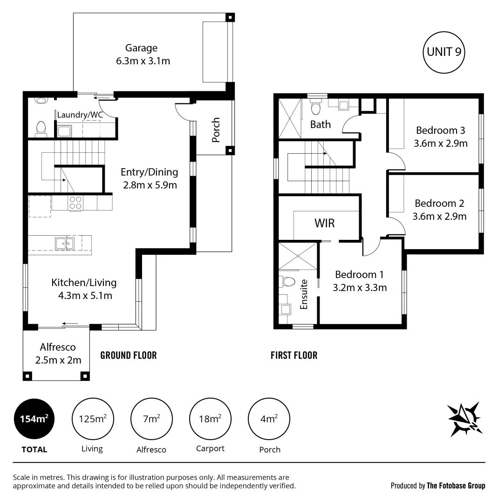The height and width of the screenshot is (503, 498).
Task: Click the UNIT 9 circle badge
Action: click(x=444, y=52)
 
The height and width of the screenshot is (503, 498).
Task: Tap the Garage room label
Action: click(x=141, y=48)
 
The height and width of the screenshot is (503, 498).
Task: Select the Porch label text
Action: click(x=216, y=129)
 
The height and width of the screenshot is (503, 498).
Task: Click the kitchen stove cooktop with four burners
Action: click(x=75, y=203)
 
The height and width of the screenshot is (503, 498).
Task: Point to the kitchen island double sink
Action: click(x=64, y=244)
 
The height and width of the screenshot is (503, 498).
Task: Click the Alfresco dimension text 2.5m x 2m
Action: click(x=58, y=360)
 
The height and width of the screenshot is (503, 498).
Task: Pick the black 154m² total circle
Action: click(x=34, y=419)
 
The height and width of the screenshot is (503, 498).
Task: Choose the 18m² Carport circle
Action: click(x=210, y=419)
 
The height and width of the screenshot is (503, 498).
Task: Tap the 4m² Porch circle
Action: click(x=269, y=419)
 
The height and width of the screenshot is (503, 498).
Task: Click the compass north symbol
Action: click(x=465, y=419)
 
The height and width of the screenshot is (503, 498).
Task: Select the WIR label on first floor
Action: click(x=324, y=223)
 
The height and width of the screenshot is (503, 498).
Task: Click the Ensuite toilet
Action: click(x=287, y=282)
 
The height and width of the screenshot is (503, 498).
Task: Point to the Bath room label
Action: click(x=320, y=124)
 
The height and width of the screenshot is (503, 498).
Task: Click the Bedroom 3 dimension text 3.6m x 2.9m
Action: click(x=441, y=143)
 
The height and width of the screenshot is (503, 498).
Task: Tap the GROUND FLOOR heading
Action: click(x=129, y=355)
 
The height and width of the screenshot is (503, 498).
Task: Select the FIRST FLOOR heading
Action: click(x=294, y=355)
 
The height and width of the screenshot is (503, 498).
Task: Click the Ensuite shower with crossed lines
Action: click(x=298, y=256)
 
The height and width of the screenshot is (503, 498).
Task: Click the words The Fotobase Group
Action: click(x=456, y=486)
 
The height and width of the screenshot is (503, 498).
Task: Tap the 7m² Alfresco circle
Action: click(x=151, y=419)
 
